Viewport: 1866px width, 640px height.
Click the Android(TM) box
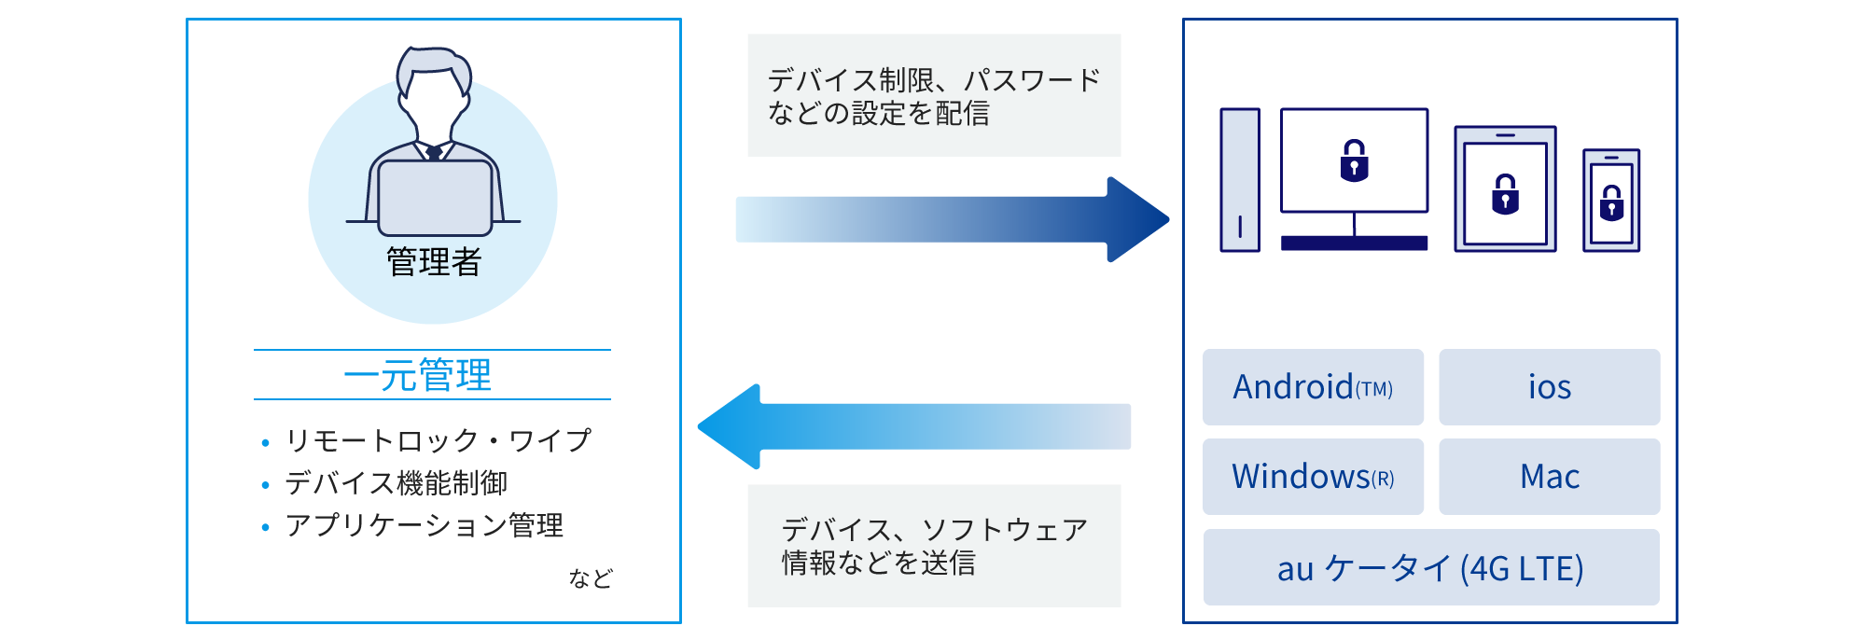(1313, 387)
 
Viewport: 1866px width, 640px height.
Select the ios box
(1549, 387)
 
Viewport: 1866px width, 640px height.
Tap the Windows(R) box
(1313, 477)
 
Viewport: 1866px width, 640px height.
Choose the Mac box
(1549, 477)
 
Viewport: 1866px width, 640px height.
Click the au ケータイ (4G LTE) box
(1430, 567)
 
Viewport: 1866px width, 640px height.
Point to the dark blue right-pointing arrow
(952, 219)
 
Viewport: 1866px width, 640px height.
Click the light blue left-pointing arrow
(914, 426)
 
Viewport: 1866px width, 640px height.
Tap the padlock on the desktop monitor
(1354, 160)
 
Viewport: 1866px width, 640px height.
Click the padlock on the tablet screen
(1505, 195)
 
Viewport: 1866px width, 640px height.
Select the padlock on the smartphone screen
(1611, 202)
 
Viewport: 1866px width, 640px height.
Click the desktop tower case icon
(1240, 180)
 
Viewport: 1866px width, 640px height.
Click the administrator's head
(434, 84)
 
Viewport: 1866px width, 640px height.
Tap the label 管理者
(434, 262)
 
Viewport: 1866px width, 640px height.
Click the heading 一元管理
(418, 375)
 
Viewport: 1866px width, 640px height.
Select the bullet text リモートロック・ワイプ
(438, 440)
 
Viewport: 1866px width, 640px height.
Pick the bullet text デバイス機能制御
(397, 483)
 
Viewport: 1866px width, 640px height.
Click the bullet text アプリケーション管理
(425, 525)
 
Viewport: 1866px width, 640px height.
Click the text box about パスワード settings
(934, 95)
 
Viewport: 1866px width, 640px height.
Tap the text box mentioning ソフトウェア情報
(934, 546)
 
